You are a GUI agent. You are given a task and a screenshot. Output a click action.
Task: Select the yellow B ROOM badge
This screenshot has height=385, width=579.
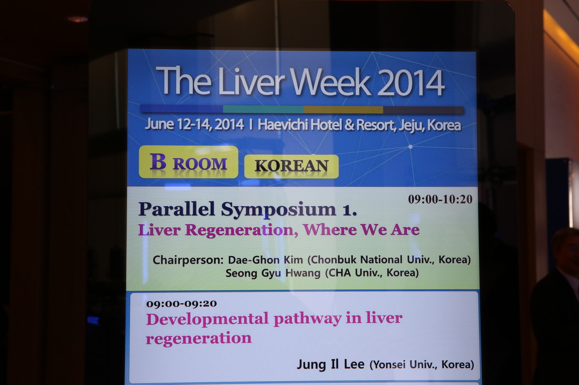(x=188, y=162)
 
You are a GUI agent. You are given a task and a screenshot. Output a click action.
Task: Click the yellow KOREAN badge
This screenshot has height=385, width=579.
(x=291, y=167)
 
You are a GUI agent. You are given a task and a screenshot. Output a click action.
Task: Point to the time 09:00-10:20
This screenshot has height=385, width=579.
(x=440, y=199)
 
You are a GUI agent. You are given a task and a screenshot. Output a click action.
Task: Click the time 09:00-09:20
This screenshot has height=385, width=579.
(x=182, y=304)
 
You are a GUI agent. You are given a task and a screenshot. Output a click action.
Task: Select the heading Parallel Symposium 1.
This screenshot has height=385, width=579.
(x=248, y=209)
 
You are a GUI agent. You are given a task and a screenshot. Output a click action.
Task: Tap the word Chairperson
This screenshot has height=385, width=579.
(x=188, y=260)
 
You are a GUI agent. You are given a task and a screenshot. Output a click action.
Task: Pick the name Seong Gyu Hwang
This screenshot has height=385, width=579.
(x=273, y=273)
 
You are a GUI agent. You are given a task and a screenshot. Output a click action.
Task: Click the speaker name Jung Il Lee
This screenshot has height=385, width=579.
(x=330, y=364)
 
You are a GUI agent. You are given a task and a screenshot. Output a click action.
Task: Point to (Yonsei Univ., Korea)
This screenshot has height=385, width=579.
(x=422, y=365)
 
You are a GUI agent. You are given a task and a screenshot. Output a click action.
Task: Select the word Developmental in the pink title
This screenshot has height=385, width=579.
(x=207, y=319)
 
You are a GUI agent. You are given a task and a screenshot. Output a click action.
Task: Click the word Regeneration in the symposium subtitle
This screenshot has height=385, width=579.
(x=239, y=230)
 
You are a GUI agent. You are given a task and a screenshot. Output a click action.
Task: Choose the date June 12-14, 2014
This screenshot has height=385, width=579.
(x=195, y=124)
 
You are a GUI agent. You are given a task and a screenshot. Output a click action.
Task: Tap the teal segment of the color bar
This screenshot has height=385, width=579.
(x=263, y=109)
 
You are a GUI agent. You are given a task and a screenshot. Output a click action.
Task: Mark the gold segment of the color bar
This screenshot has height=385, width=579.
(x=343, y=110)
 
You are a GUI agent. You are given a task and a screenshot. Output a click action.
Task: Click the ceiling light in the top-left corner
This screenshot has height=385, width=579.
(x=77, y=19)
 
